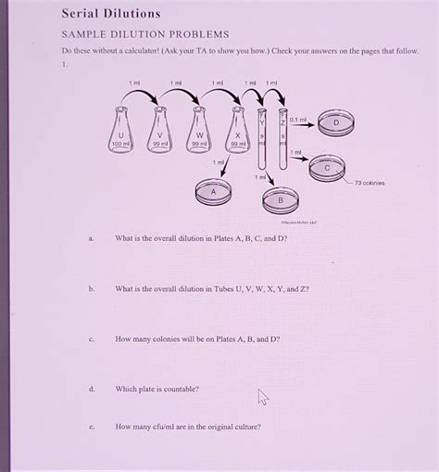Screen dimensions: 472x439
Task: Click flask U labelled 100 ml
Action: (x=121, y=134)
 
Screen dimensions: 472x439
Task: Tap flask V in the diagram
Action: (x=160, y=134)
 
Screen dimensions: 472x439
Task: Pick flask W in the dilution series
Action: (x=199, y=134)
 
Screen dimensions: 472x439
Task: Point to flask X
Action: (x=238, y=134)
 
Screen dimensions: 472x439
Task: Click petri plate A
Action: (x=213, y=191)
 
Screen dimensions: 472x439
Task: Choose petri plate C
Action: (x=326, y=168)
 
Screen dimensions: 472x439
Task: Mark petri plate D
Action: (x=335, y=121)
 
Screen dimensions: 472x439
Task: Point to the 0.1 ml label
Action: (x=298, y=119)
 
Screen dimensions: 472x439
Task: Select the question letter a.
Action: (x=91, y=238)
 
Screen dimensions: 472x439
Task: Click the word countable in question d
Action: (x=180, y=389)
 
